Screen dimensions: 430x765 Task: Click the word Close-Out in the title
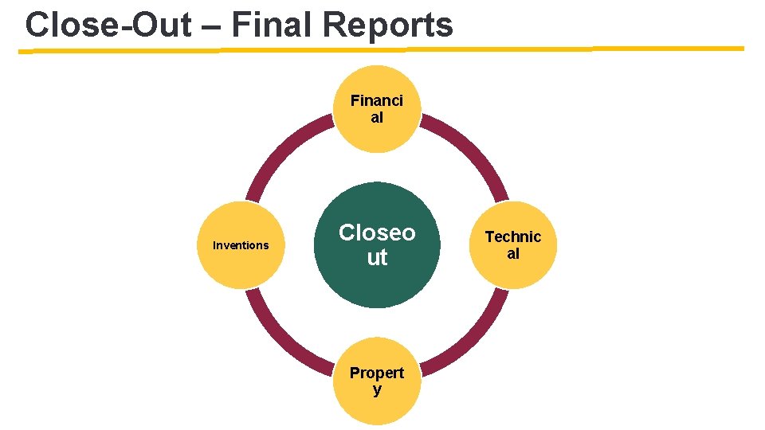[108, 25]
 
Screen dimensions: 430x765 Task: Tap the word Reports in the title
[388, 25]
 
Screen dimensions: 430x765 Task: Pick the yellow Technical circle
[513, 244]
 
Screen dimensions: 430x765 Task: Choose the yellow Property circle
[377, 381]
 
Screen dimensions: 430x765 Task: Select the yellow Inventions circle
[241, 244]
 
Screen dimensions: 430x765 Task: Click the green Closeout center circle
[377, 244]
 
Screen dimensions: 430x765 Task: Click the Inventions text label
[241, 245]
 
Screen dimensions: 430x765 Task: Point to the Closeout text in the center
[377, 244]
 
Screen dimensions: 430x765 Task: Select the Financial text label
[377, 109]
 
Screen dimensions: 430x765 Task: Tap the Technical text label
[513, 244]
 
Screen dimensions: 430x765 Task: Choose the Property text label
[377, 381]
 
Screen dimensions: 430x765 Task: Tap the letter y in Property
[377, 390]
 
